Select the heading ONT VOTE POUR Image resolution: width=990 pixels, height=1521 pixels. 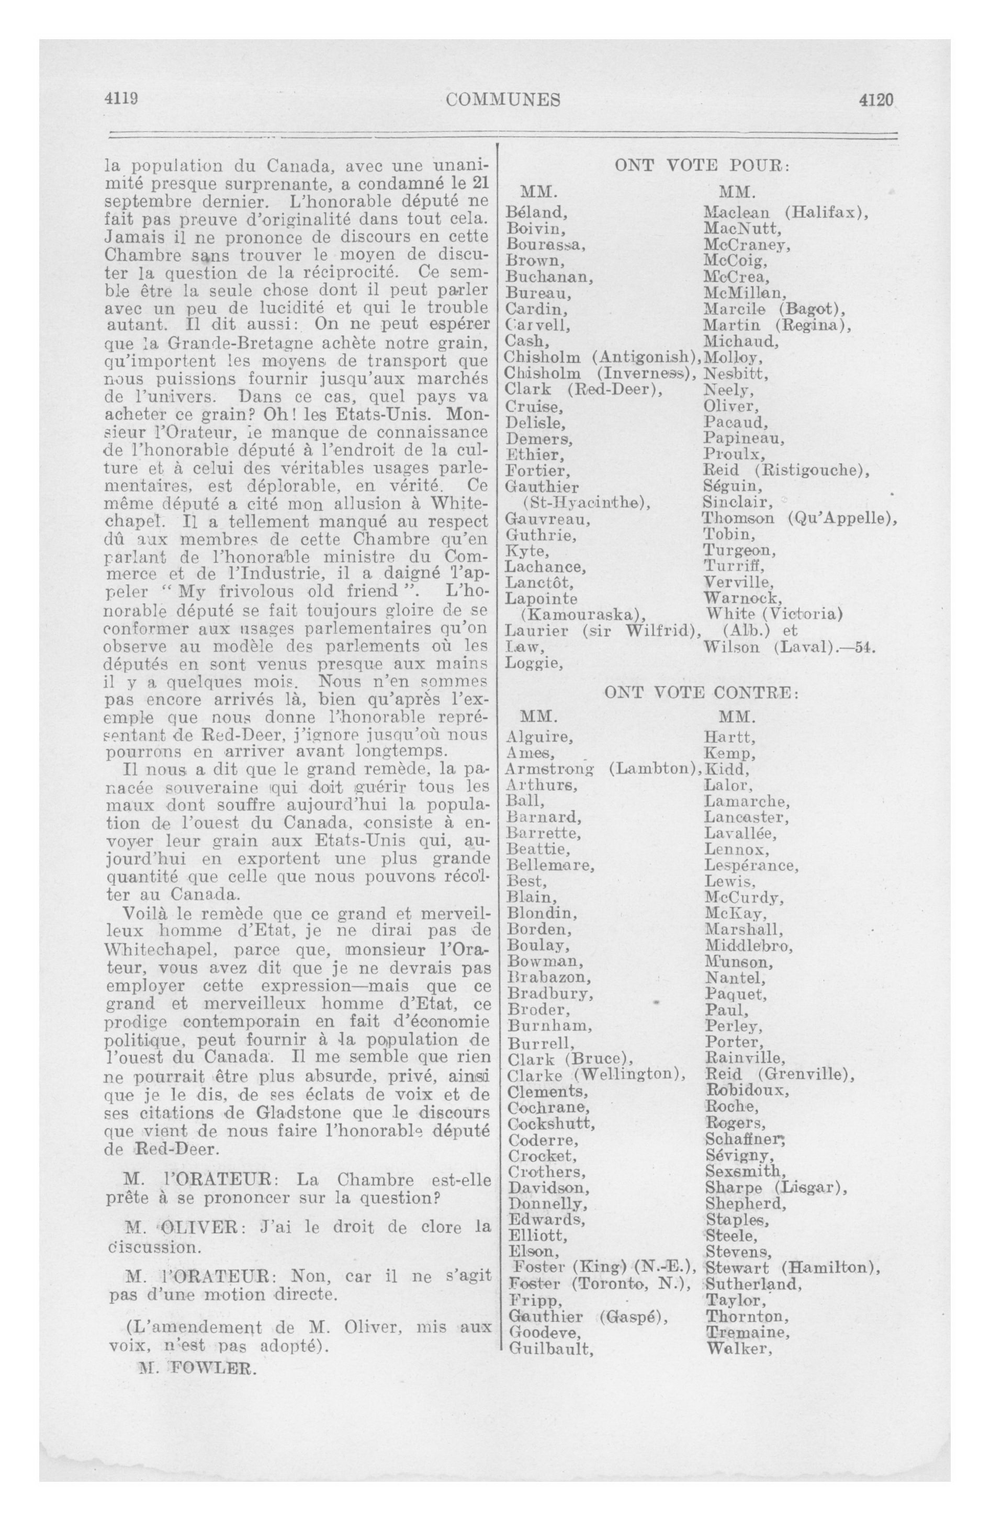coord(702,165)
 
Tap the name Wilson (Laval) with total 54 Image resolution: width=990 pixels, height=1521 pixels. coord(788,648)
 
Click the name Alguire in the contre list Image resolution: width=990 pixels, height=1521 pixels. coord(539,737)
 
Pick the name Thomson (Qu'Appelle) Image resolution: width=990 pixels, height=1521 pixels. coord(800,518)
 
